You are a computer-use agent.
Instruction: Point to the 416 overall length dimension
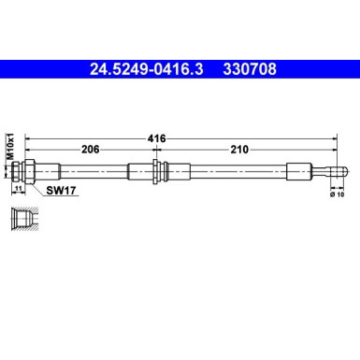[x=157, y=137]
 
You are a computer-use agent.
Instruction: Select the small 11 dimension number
[x=19, y=189]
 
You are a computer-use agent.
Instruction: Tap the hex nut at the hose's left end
[x=28, y=171]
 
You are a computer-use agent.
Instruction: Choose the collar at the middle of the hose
[x=156, y=171]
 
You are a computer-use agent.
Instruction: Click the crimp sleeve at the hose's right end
[x=297, y=171]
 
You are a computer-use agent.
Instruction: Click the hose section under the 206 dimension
[x=94, y=171]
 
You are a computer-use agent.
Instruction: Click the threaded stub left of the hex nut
[x=20, y=171]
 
